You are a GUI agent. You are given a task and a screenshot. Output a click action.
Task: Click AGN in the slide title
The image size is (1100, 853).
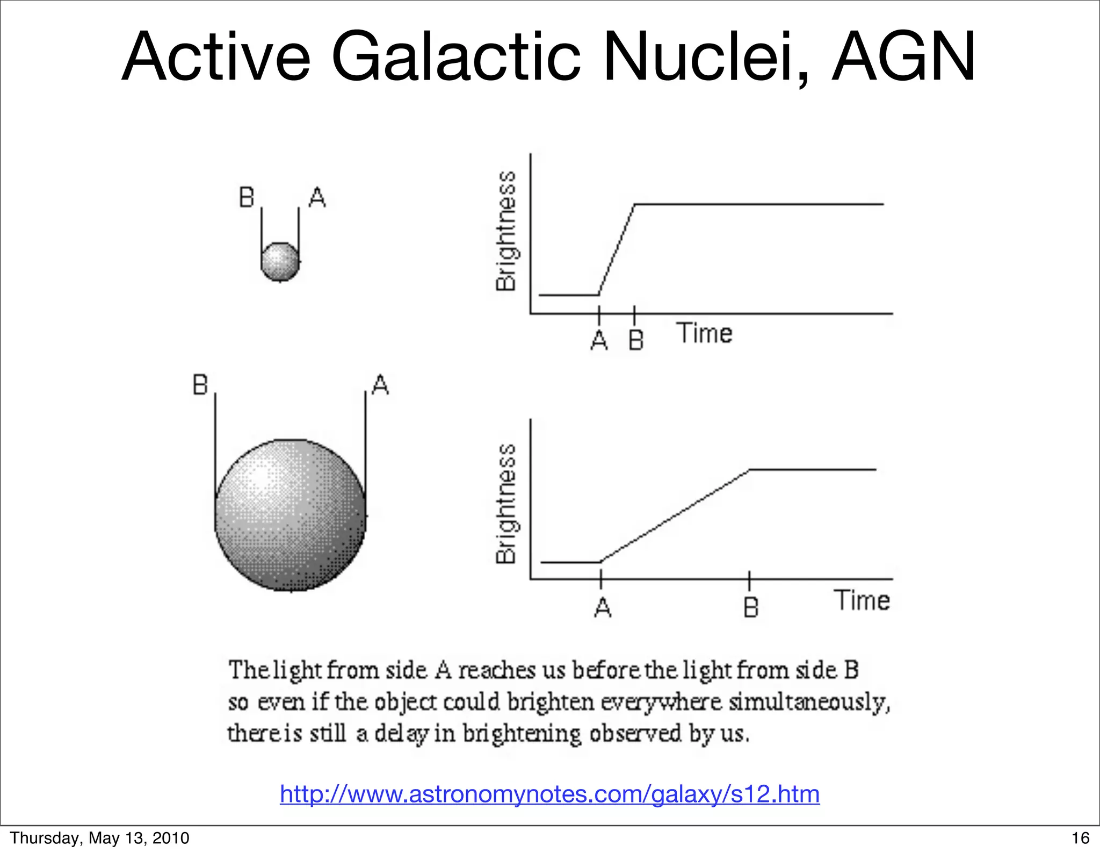tap(902, 56)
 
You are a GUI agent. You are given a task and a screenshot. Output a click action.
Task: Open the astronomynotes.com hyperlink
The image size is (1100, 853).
tap(549, 794)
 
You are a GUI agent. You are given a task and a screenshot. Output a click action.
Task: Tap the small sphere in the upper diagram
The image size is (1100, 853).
tap(280, 262)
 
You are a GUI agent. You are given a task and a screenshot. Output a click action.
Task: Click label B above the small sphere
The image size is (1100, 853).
tap(247, 198)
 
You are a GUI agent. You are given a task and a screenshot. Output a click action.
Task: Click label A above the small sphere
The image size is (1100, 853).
tap(317, 198)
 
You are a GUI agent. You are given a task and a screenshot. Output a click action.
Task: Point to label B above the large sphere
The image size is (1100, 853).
tap(200, 385)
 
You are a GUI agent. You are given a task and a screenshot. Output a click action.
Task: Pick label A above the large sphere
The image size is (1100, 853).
tap(380, 385)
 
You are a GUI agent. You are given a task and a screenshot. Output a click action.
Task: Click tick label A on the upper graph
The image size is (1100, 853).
tap(599, 340)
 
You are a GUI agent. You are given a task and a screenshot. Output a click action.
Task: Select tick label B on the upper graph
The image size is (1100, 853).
tap(636, 340)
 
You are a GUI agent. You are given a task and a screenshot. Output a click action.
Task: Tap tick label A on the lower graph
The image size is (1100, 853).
tap(603, 607)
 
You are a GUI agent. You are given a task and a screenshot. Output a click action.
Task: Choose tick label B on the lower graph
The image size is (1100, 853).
tap(751, 607)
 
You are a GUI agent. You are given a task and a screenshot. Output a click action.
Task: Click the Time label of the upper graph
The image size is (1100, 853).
tap(704, 333)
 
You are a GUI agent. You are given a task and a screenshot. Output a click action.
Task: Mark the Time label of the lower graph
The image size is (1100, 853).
tap(862, 600)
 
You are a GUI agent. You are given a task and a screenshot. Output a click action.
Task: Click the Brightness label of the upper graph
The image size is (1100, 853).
tap(506, 231)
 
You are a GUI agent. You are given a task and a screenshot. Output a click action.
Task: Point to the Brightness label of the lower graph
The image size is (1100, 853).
tap(506, 504)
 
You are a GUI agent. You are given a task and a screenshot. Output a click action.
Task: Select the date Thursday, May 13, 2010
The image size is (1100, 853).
tap(100, 838)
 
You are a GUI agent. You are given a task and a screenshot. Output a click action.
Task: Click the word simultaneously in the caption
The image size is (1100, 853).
tap(809, 702)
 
